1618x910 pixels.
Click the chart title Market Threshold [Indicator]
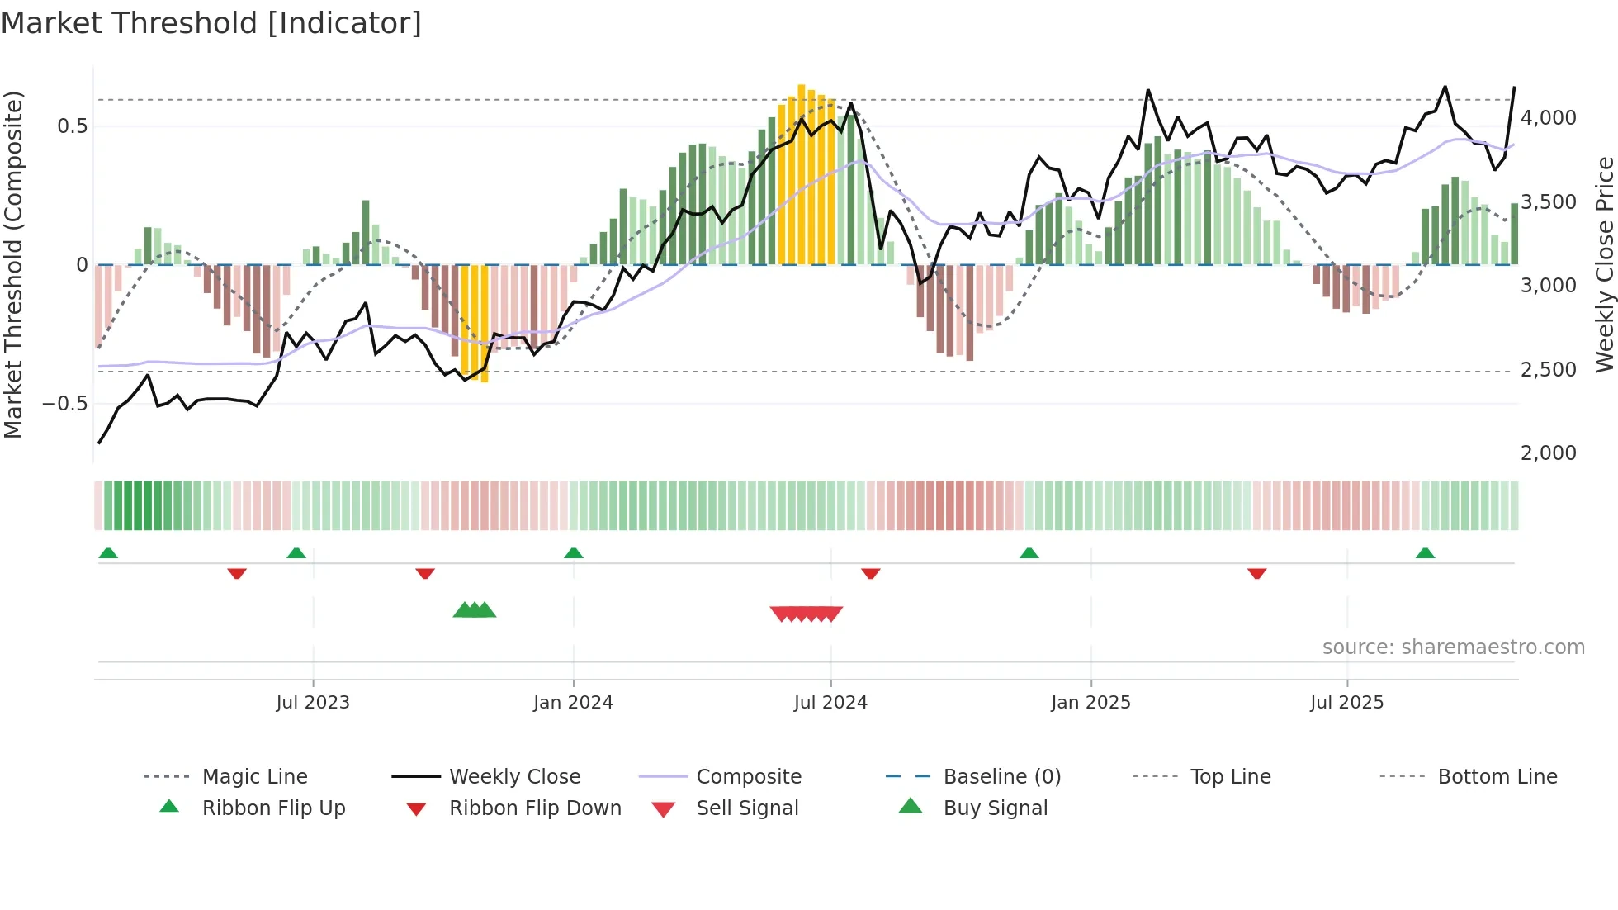(211, 23)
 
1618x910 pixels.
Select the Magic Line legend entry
(254, 776)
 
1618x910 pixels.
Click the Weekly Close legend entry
(514, 776)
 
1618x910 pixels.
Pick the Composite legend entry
(749, 776)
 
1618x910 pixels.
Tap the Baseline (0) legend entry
(1001, 776)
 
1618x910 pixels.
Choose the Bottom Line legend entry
(1497, 776)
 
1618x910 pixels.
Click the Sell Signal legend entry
(747, 808)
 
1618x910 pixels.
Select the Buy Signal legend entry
(995, 808)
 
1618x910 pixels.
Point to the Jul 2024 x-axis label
(830, 703)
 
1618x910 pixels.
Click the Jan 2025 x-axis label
(1090, 703)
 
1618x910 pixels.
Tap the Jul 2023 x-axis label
(313, 703)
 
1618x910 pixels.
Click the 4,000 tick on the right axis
(1548, 118)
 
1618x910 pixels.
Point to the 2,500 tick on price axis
(1548, 369)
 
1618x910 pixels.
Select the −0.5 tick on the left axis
(65, 404)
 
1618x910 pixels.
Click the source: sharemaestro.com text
(1453, 647)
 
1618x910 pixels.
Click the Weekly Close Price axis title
(1604, 264)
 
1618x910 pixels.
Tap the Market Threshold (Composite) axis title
(13, 264)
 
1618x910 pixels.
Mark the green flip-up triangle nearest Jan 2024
(574, 553)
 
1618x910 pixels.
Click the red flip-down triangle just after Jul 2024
(870, 573)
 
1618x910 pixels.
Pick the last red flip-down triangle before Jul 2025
(1256, 573)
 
